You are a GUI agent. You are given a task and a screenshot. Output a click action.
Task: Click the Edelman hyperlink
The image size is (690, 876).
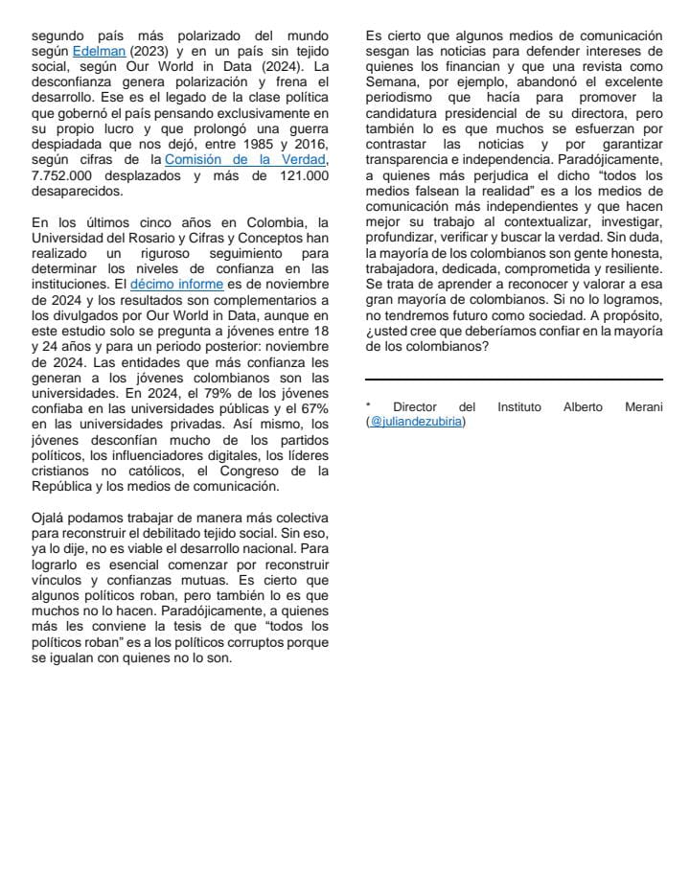99,51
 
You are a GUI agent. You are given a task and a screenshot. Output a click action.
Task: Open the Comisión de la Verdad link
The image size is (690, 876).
246,160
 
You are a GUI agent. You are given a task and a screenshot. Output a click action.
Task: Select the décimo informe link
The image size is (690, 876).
176,284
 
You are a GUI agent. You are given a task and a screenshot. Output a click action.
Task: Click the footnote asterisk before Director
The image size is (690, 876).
368,405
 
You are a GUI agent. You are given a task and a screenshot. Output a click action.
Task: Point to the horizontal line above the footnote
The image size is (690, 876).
515,380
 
